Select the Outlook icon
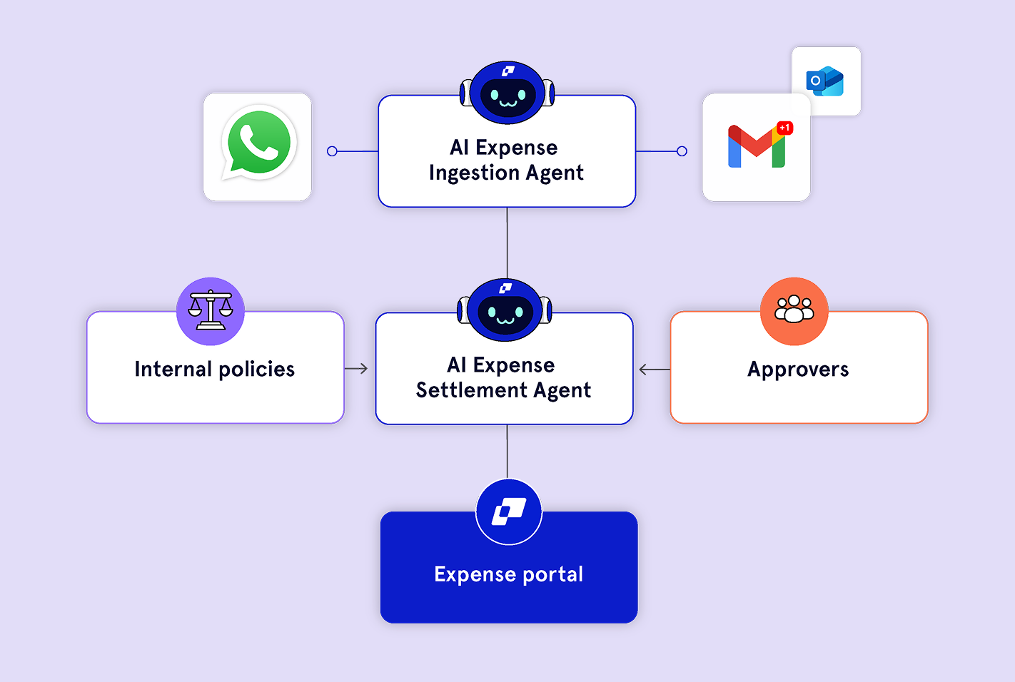pos(825,81)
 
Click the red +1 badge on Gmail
pos(784,128)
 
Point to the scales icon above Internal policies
pos(211,311)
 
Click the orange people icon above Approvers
pos(794,311)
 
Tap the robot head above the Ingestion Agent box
pos(507,93)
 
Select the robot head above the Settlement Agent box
pos(505,310)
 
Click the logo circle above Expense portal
pos(509,511)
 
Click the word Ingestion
pos(474,173)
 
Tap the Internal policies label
pos(214,369)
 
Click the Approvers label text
pos(798,370)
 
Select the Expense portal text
pos(509,574)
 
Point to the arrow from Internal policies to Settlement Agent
pos(356,369)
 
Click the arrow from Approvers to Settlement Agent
pos(654,370)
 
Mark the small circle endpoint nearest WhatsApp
pos(332,151)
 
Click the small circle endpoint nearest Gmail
pos(682,151)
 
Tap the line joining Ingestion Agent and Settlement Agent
pos(507,243)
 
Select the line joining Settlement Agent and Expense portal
pos(507,451)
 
